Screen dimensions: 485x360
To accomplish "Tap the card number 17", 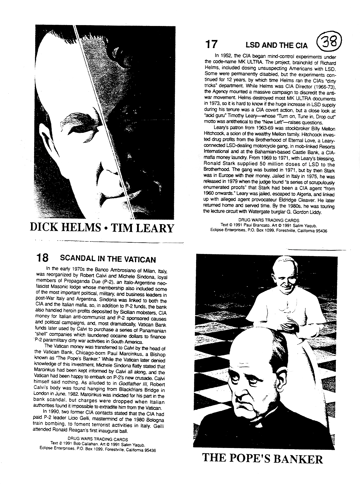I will pos(211,44).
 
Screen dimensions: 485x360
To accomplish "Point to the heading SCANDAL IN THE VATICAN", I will pos(108,258).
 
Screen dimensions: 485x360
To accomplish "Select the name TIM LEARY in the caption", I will pos(142,228).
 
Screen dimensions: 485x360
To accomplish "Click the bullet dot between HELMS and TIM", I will pos(105,228).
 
